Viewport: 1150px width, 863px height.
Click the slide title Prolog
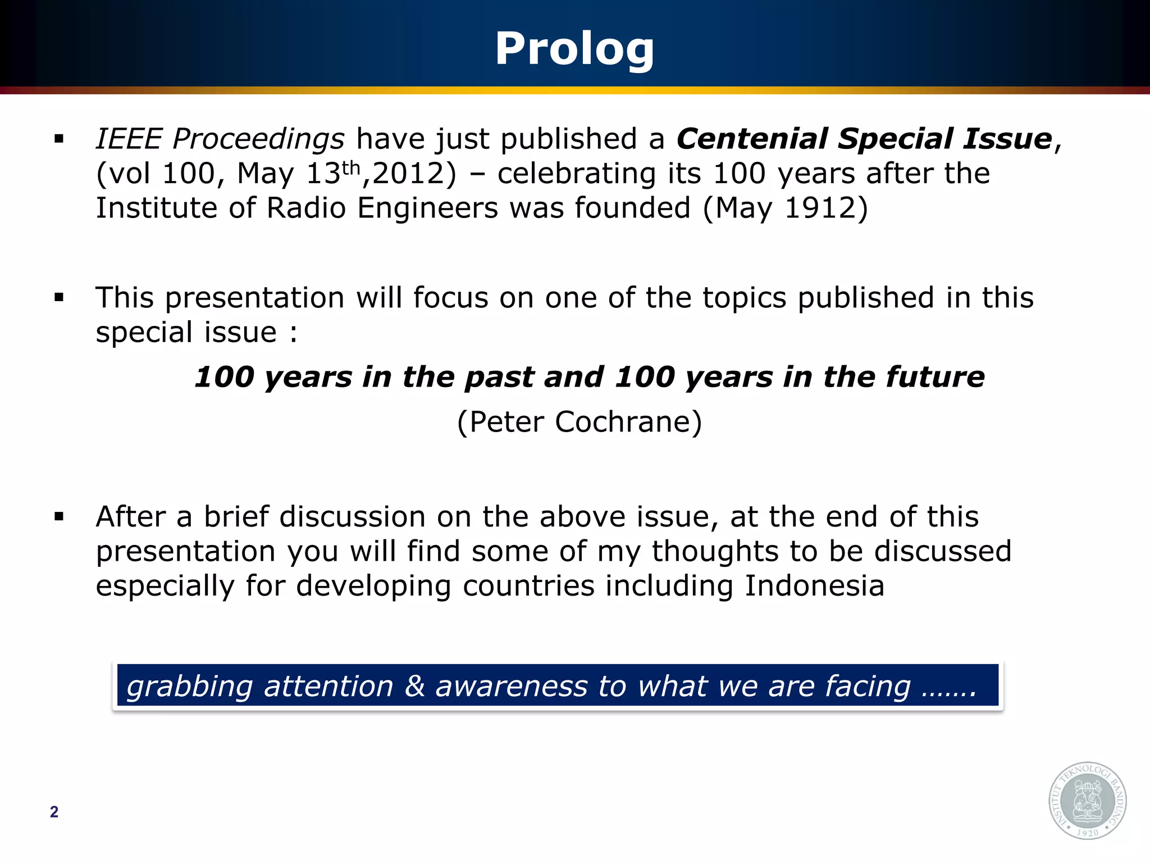click(x=574, y=49)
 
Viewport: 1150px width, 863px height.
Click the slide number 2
click(x=54, y=812)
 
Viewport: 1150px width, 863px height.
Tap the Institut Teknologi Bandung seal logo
click(x=1087, y=801)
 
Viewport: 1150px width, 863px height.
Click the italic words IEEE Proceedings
click(x=220, y=139)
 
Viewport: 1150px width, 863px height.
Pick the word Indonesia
click(x=814, y=585)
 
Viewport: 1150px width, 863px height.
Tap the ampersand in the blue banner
click(x=414, y=687)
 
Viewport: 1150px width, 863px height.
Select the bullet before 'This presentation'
click(x=59, y=298)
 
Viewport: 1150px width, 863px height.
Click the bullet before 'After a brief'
click(x=59, y=517)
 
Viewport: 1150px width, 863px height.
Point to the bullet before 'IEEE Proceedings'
click(x=59, y=139)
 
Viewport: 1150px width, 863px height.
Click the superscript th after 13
click(x=351, y=167)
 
